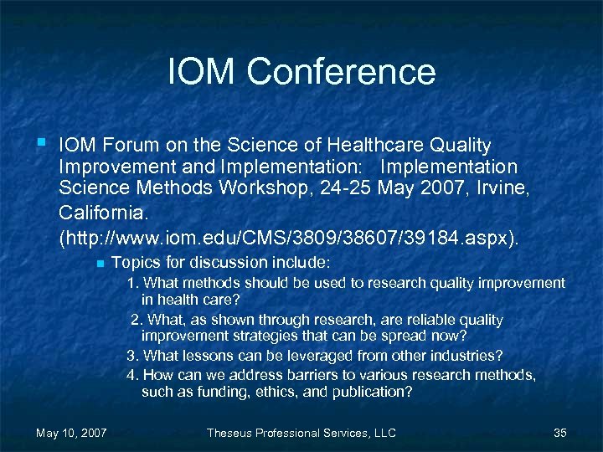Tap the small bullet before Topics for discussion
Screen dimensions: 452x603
point(98,264)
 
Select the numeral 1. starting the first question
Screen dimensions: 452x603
point(132,283)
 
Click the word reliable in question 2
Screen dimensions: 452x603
point(407,320)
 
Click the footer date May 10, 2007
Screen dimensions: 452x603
point(71,433)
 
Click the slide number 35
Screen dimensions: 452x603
point(560,433)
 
